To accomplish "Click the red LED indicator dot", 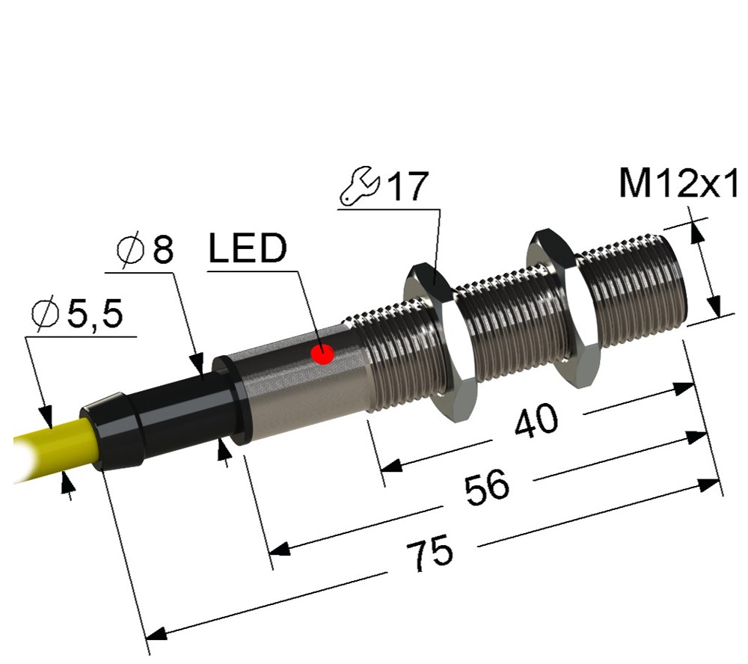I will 323,354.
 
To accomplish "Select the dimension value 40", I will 536,422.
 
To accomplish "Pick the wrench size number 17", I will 407,188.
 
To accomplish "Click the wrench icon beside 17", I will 359,189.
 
